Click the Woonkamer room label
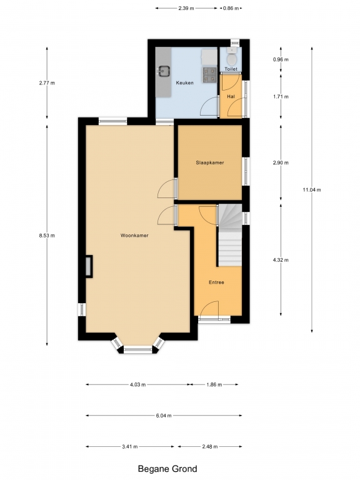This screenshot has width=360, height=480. [134, 236]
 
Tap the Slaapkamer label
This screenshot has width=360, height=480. [210, 162]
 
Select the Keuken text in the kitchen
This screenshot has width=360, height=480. [184, 82]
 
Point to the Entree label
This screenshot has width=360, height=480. [216, 282]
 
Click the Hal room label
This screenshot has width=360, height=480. [231, 96]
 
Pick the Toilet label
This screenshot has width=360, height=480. [231, 69]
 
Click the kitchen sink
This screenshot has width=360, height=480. [164, 71]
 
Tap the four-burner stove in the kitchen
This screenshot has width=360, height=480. [210, 75]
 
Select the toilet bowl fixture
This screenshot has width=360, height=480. [232, 56]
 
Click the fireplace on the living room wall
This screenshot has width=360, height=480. [89, 266]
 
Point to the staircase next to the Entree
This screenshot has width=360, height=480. [230, 235]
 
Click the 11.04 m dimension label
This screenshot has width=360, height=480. [312, 190]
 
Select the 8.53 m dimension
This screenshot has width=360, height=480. [47, 236]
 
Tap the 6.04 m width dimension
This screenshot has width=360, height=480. [164, 416]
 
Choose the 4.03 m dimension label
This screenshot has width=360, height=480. [137, 384]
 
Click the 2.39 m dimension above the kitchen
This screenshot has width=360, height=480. [186, 8]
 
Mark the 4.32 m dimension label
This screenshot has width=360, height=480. [281, 260]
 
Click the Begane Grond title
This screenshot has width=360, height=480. [167, 469]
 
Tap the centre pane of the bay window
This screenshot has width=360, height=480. [137, 349]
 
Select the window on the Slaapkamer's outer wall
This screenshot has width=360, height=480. [246, 171]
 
